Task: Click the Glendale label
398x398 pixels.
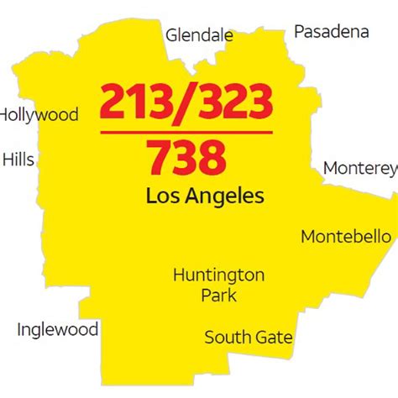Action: pos(199,35)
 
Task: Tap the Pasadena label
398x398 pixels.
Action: pos(331,32)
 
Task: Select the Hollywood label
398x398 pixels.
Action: pos(39,115)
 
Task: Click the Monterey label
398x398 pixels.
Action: pos(359,167)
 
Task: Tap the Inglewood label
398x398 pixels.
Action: pos(57,329)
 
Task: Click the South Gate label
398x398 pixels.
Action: pos(249,338)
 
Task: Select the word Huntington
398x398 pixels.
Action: pos(218,275)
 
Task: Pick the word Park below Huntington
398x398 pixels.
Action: pos(218,295)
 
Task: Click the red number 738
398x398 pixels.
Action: pos(186,157)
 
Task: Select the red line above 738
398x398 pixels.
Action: pos(186,132)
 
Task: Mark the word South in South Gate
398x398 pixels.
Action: pos(226,338)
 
